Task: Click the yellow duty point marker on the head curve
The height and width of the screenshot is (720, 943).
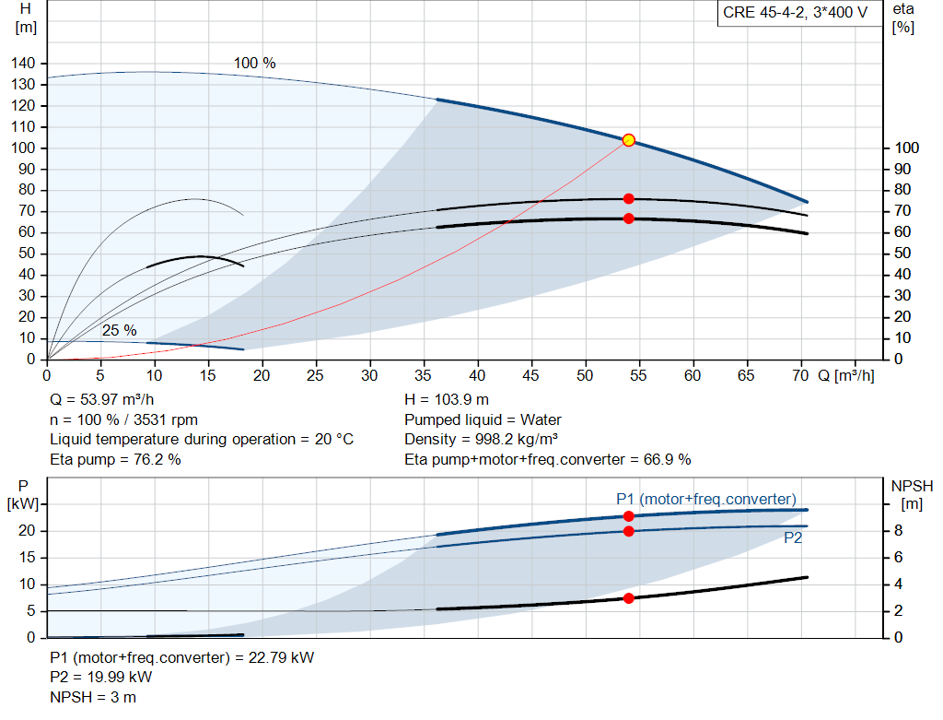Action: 628,140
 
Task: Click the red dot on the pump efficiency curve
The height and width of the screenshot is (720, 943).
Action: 628,198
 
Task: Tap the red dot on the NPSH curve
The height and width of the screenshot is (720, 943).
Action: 628,598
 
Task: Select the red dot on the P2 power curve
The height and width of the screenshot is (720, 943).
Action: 628,532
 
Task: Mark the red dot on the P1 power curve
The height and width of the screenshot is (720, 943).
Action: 628,516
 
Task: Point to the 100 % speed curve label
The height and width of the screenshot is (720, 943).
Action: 254,64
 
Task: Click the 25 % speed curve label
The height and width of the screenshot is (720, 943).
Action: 119,331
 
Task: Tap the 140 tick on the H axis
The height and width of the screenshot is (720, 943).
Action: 23,64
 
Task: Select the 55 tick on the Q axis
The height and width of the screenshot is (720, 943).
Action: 638,375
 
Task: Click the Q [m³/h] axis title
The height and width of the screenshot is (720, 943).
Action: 845,375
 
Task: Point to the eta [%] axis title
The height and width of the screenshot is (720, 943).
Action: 902,18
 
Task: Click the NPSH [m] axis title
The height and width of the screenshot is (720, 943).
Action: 912,495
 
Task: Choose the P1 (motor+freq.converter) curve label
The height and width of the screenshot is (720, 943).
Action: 706,499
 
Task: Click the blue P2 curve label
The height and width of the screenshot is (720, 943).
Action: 793,537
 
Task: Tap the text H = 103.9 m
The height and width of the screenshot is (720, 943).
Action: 447,400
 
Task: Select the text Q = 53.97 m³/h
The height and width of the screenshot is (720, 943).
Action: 101,400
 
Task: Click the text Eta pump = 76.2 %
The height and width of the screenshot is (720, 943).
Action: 115,459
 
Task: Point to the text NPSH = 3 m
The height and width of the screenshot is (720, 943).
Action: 93,697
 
